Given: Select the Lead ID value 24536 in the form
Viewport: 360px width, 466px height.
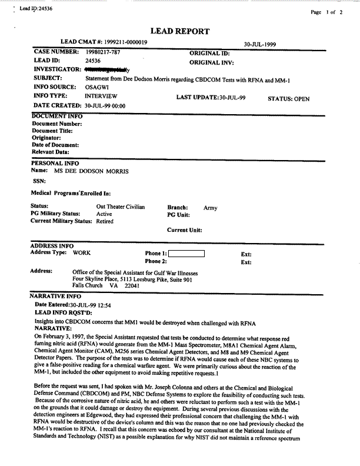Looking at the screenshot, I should click(94, 61).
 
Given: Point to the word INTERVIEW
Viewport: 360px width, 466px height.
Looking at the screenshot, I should click(101, 95).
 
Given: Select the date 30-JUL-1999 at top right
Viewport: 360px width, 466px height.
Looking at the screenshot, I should click(261, 44).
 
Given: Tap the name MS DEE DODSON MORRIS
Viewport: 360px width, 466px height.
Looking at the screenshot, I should click(91, 171).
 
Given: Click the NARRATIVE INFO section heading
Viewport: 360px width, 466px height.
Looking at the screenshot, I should click(55, 297).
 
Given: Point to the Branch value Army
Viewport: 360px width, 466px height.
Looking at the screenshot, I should click(210, 208).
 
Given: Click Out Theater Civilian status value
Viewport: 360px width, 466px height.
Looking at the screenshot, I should click(121, 207).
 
